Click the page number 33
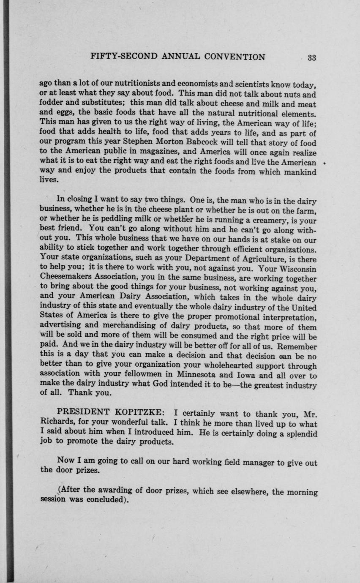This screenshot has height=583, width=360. [312, 58]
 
